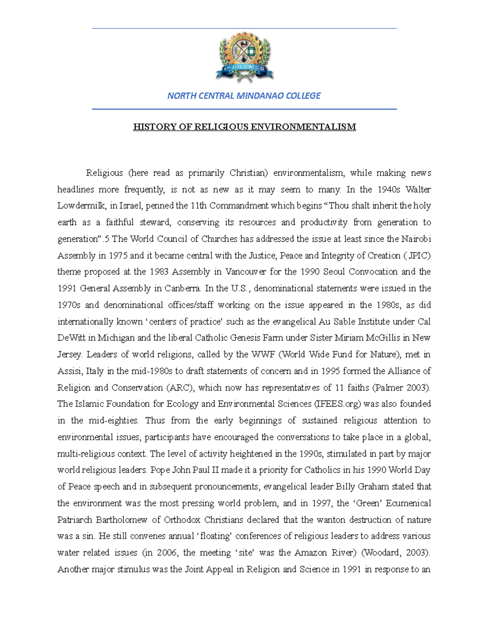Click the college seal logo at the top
click(x=244, y=58)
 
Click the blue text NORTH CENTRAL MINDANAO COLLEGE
click(x=244, y=96)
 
